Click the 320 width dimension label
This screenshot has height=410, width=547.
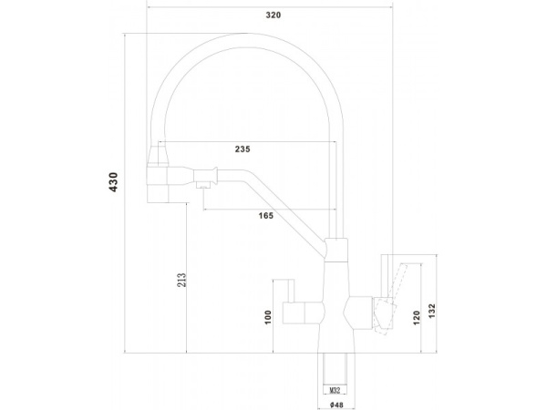[273, 15]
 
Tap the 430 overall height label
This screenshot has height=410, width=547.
[114, 182]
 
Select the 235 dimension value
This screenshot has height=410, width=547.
[243, 149]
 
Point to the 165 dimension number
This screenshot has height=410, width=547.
[266, 216]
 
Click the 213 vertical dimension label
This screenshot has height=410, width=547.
[181, 280]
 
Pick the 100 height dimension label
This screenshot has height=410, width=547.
[268, 317]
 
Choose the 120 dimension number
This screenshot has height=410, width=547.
[417, 318]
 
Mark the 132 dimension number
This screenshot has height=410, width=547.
[432, 311]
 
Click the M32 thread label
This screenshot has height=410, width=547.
[335, 391]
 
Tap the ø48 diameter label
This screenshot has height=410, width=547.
[336, 405]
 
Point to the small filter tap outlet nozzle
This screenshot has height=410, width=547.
[203, 185]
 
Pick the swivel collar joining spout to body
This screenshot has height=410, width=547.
[335, 250]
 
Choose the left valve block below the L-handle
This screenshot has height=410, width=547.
[302, 313]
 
